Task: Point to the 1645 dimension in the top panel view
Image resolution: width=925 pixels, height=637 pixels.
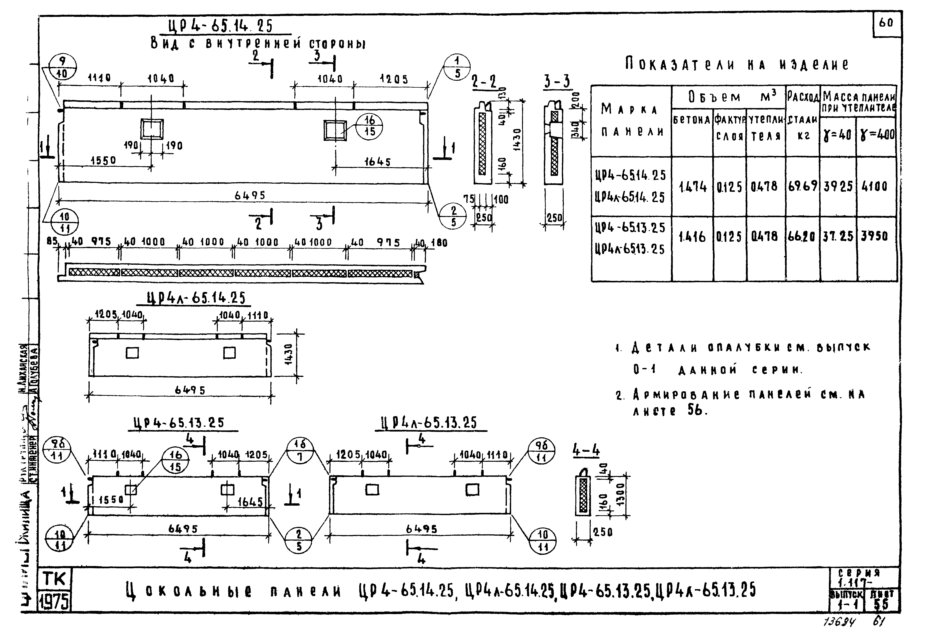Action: click(377, 162)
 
